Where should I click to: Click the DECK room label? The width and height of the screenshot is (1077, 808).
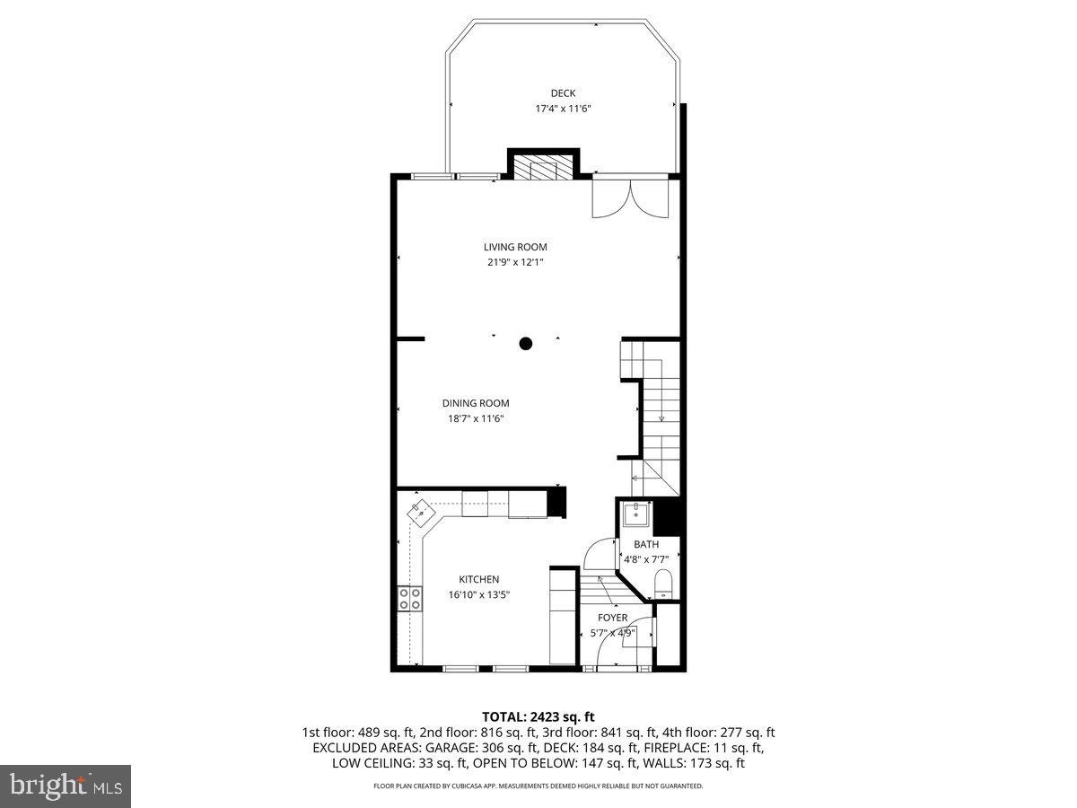563,93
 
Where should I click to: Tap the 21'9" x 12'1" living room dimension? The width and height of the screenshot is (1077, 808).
515,262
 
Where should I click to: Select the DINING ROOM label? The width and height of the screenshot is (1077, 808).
475,403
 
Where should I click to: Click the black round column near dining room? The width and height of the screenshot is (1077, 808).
526,343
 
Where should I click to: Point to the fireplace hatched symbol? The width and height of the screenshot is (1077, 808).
542,170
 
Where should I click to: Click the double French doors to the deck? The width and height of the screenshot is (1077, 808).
631,197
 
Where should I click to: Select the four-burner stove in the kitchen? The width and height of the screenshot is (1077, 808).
410,599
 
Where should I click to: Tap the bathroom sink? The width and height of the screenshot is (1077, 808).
637,514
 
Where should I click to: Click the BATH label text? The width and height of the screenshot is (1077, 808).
646,544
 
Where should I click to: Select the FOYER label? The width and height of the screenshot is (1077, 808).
613,618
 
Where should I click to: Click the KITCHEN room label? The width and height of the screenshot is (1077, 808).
479,579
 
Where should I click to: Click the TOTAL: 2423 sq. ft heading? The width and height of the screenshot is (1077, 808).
538,716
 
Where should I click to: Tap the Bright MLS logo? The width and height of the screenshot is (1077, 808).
66,786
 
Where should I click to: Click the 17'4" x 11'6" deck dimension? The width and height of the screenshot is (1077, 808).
563,109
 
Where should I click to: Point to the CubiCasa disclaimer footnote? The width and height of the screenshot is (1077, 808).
538,786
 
